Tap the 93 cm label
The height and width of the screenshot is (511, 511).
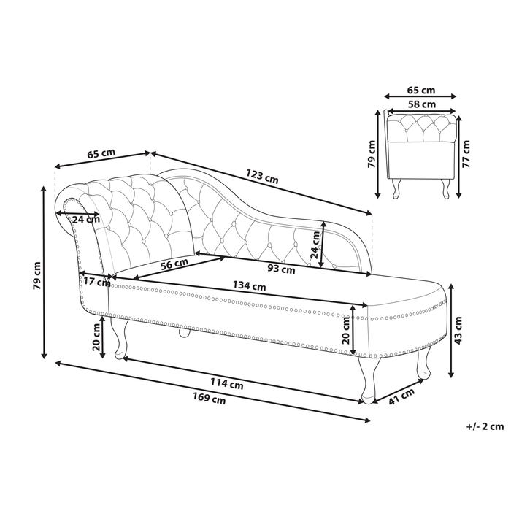pyautogui.click(x=280, y=269)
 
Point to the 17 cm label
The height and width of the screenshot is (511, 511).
pyautogui.click(x=96, y=283)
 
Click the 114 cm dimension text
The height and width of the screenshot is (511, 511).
pyautogui.click(x=227, y=385)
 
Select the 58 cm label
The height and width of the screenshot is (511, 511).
pyautogui.click(x=421, y=104)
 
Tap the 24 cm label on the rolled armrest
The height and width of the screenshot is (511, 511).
pyautogui.click(x=86, y=219)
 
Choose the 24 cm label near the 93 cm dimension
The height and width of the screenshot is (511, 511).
pyautogui.click(x=316, y=247)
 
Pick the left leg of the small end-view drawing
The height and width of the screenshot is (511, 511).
pyautogui.click(x=398, y=188)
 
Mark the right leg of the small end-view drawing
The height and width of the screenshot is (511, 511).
pyautogui.click(x=445, y=188)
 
